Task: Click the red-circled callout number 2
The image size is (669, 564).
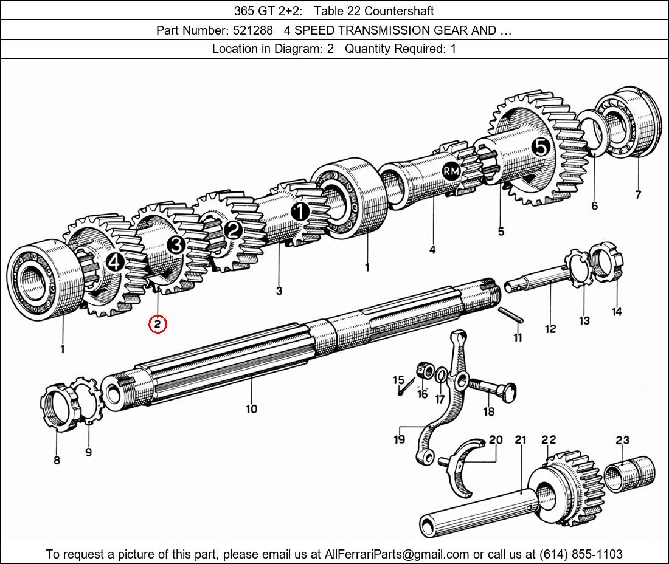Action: coord(158,325)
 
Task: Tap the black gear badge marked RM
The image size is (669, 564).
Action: coord(451,171)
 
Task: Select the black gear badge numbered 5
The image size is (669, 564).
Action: coord(541,148)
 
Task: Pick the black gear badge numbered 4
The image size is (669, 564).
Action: coord(115,262)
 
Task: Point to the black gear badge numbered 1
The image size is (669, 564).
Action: coord(300,212)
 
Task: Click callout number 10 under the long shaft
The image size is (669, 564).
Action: coord(251,409)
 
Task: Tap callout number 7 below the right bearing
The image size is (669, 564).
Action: coord(638,195)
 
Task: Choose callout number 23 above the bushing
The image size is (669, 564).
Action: coord(623,439)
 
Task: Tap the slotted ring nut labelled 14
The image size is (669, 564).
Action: coord(606,261)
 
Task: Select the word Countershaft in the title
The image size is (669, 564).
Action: coord(399,11)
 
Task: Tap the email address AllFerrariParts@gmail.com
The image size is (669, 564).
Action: coord(397,554)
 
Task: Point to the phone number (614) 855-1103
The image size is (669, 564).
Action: coord(581,554)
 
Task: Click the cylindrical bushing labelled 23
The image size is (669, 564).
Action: coord(629,473)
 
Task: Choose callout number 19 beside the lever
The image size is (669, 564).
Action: coord(400,439)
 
